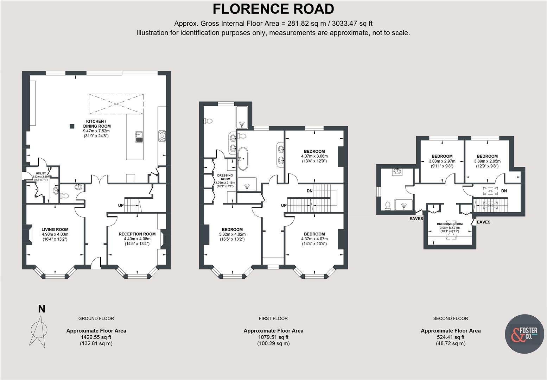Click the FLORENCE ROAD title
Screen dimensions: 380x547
point(273,9)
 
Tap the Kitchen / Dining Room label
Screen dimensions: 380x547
point(97,123)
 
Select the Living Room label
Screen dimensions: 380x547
point(55,230)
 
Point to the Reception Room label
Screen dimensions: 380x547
point(137,234)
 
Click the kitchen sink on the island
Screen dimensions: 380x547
point(139,136)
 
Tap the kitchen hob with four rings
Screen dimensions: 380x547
point(162,136)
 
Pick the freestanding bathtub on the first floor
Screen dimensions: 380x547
point(242,159)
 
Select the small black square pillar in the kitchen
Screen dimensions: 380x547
point(72,126)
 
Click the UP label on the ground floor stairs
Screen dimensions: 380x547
point(121,205)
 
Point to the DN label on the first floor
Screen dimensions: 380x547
point(310,191)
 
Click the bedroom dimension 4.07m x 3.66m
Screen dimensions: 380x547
point(314,156)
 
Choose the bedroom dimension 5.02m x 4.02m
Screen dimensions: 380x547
point(232,234)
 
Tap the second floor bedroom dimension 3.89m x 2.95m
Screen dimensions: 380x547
point(487,161)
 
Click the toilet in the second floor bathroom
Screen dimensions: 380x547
point(388,205)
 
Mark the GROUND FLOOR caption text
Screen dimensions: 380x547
point(96,318)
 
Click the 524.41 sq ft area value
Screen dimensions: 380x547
point(450,337)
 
